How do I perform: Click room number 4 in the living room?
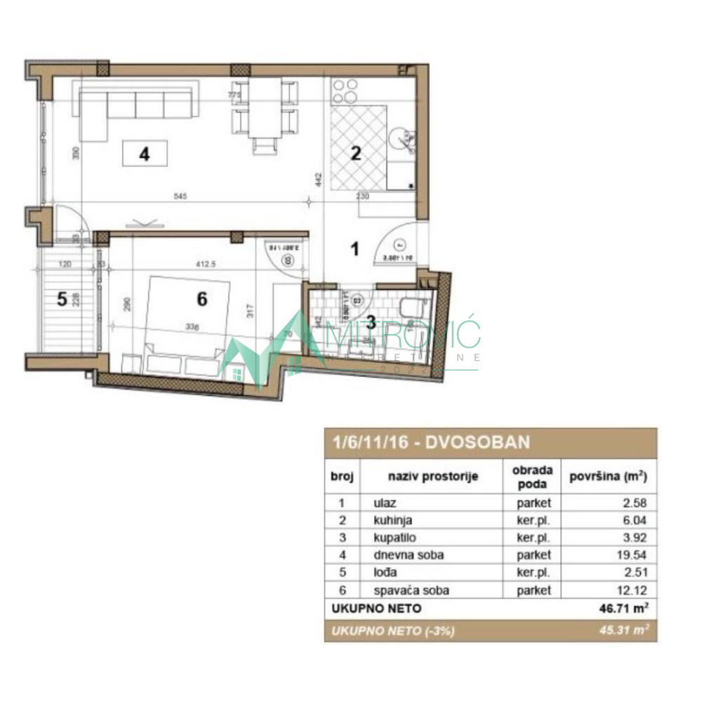(144, 154)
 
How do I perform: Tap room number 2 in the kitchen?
(356, 154)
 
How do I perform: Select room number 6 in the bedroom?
(201, 299)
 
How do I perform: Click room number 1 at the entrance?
(355, 248)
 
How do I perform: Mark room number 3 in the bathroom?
(372, 324)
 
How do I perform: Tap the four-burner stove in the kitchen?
(345, 91)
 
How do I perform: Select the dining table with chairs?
(264, 110)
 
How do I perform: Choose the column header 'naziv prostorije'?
(432, 476)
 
